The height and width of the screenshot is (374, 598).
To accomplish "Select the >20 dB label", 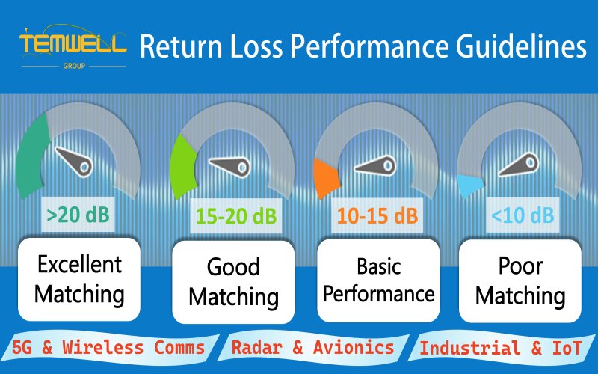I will coord(78,215).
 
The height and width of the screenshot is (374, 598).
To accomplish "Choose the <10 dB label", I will coord(523,217).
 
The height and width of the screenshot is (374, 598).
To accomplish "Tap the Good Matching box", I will coord(233,281).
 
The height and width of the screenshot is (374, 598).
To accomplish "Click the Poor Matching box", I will coord(520,281).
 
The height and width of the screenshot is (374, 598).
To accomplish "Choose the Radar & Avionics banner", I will coord(312,347).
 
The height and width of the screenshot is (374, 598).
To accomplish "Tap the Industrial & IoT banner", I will coord(502,348).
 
